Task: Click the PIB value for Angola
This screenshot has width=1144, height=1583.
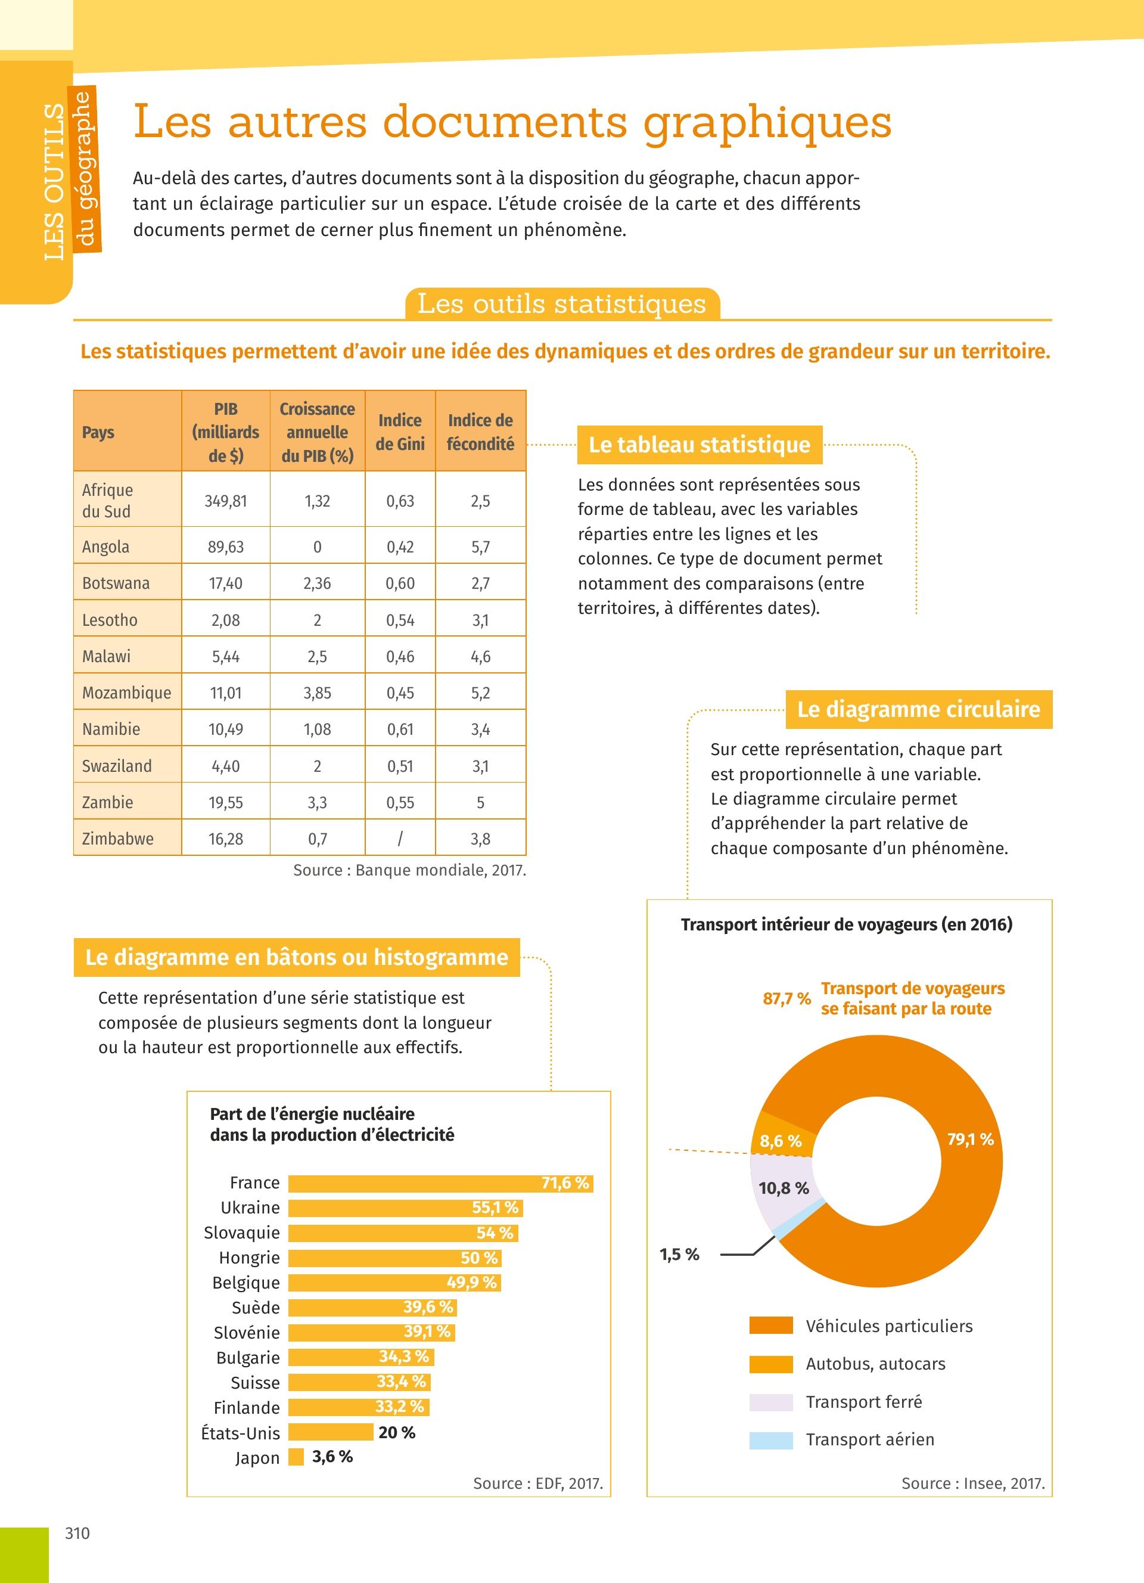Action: coord(225,547)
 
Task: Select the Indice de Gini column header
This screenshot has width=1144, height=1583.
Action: coord(400,432)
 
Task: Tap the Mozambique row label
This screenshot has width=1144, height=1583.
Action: coord(126,693)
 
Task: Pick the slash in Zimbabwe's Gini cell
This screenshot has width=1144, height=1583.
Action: coord(400,838)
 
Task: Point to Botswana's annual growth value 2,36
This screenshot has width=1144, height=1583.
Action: coord(317,583)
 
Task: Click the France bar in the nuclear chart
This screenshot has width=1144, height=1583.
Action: coord(440,1183)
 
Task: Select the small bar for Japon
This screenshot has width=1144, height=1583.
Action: coord(296,1457)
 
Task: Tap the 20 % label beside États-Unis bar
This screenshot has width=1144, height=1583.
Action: coord(396,1432)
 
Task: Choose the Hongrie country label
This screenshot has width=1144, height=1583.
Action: coord(249,1258)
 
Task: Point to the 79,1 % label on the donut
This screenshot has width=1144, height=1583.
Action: coord(969,1139)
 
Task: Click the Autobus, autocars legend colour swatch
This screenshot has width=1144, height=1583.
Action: coord(771,1364)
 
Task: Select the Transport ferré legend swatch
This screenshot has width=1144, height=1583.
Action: coord(771,1402)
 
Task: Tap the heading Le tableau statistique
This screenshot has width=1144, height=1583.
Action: coord(699,445)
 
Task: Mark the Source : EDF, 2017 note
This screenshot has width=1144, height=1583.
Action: coord(537,1483)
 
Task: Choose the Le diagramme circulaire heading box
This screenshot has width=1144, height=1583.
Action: coord(918,709)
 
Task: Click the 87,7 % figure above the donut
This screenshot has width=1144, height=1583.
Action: coord(786,999)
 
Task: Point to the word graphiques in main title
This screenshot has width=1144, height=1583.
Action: coord(767,123)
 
